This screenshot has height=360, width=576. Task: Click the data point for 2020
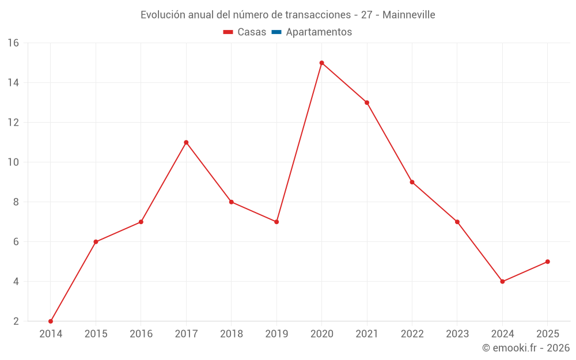click(x=321, y=63)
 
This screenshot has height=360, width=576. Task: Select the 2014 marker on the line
click(x=51, y=321)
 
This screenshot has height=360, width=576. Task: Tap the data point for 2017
click(x=186, y=142)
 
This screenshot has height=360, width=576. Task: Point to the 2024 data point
click(x=502, y=282)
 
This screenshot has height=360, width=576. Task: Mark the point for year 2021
click(x=367, y=103)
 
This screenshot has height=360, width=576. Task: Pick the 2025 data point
click(x=548, y=262)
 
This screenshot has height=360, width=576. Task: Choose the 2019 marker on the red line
click(x=276, y=222)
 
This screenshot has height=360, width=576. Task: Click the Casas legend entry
click(x=245, y=32)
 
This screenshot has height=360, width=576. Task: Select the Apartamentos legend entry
click(x=312, y=32)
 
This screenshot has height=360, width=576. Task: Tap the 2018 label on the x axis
click(x=231, y=334)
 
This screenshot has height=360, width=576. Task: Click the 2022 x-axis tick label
click(x=412, y=334)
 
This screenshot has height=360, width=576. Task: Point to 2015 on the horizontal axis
click(x=96, y=334)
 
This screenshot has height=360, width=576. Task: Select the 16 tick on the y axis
click(x=13, y=43)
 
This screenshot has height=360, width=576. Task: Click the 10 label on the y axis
click(x=13, y=162)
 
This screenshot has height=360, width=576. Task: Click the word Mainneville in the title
click(x=407, y=14)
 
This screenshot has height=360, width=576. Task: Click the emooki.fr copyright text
click(x=526, y=348)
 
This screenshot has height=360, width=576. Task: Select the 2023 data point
click(x=457, y=222)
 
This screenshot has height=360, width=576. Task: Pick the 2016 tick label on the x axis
click(x=141, y=334)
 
